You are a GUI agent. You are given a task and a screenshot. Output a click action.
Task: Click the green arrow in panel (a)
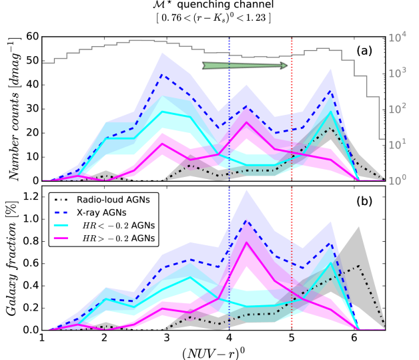(245, 65)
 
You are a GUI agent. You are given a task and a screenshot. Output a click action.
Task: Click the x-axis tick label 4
(230, 339)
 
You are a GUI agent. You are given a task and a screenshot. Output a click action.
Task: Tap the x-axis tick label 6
(353, 339)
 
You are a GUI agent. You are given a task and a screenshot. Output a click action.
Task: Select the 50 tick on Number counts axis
(33, 61)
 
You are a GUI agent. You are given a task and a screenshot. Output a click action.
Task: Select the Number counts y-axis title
(13, 110)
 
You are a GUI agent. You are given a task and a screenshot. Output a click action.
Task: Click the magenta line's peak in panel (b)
(246, 242)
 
